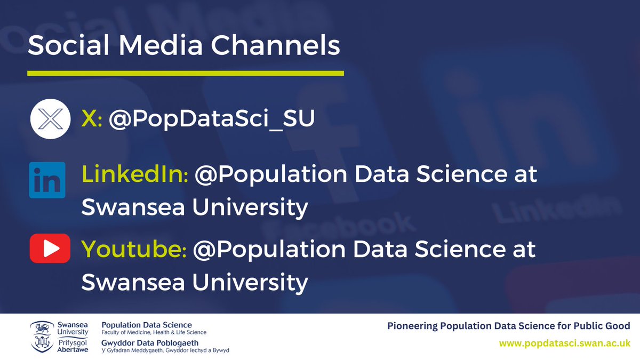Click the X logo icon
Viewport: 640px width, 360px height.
pos(47,118)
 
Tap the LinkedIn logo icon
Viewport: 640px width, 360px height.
pos(47,180)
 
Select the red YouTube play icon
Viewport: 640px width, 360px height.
pos(50,249)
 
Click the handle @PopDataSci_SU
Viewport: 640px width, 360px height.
pos(212,119)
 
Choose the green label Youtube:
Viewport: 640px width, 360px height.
pos(133,250)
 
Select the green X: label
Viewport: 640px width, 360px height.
pos(92,119)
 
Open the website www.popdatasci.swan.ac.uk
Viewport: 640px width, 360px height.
pos(564,344)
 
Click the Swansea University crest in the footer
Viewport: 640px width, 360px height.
pos(42,337)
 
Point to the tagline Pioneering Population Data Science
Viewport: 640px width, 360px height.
pos(508,325)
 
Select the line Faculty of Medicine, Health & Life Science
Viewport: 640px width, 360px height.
pos(154,332)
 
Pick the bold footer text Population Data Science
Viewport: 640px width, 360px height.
pos(147,325)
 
